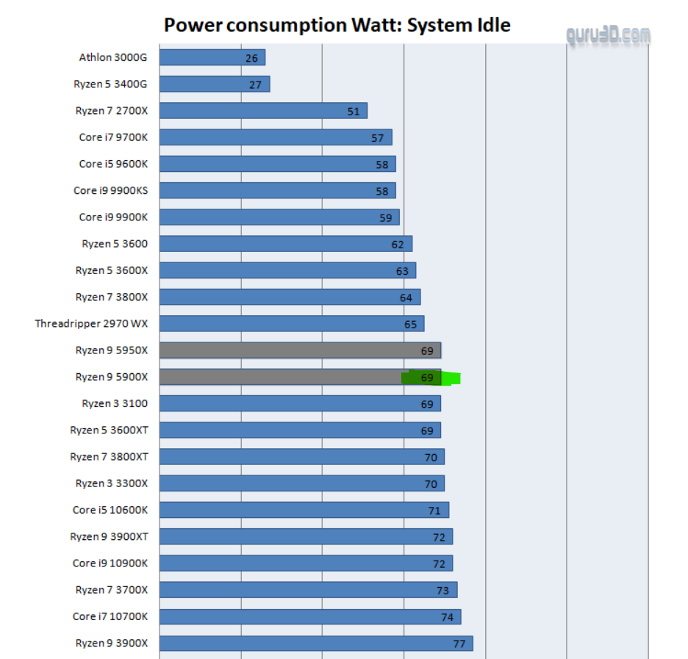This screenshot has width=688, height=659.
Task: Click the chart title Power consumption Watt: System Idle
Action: click(337, 26)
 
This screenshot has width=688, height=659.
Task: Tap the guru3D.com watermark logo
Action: click(608, 35)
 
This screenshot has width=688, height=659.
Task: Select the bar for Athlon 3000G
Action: click(212, 57)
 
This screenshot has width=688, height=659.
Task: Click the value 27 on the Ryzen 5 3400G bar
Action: click(255, 84)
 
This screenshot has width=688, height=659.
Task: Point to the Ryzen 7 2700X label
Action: click(111, 111)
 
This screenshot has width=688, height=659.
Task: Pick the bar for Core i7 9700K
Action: click(275, 137)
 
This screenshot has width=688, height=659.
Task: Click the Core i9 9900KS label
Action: click(110, 190)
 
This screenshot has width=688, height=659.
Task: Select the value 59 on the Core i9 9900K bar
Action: click(386, 217)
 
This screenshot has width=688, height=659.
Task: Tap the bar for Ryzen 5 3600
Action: click(285, 244)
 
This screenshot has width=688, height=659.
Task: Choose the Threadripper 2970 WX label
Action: click(91, 323)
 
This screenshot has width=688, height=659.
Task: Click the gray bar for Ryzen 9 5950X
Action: click(299, 350)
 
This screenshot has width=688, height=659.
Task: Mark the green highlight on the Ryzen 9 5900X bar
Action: click(431, 378)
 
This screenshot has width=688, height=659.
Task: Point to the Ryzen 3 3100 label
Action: click(115, 403)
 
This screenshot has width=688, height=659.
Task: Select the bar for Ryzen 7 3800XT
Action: click(301, 457)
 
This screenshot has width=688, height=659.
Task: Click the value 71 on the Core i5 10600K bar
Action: click(434, 511)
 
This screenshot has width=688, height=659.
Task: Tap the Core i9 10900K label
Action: click(110, 563)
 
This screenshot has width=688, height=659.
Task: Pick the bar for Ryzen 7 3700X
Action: click(308, 590)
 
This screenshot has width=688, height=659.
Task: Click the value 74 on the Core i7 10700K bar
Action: click(448, 617)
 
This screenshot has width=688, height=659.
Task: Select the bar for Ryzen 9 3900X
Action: click(315, 644)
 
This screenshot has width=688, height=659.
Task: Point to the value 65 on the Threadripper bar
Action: click(410, 324)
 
